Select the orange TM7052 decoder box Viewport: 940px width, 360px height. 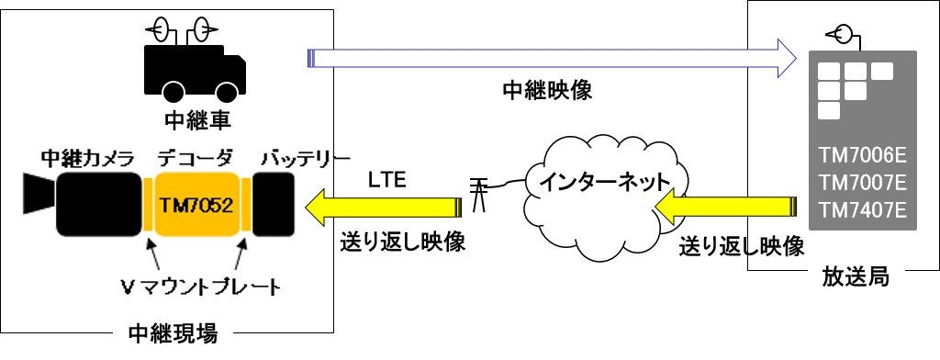[196, 204]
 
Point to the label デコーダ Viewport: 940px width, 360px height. [196, 158]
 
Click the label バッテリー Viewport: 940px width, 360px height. [305, 158]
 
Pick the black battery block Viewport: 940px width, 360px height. [274, 204]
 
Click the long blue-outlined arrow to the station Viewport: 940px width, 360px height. [552, 58]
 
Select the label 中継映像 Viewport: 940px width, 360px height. [547, 91]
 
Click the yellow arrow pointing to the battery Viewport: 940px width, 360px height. [384, 207]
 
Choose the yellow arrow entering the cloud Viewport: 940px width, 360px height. [725, 207]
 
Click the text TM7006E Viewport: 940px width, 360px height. [863, 157]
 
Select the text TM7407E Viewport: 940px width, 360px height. [863, 210]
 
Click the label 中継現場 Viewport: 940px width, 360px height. [173, 333]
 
